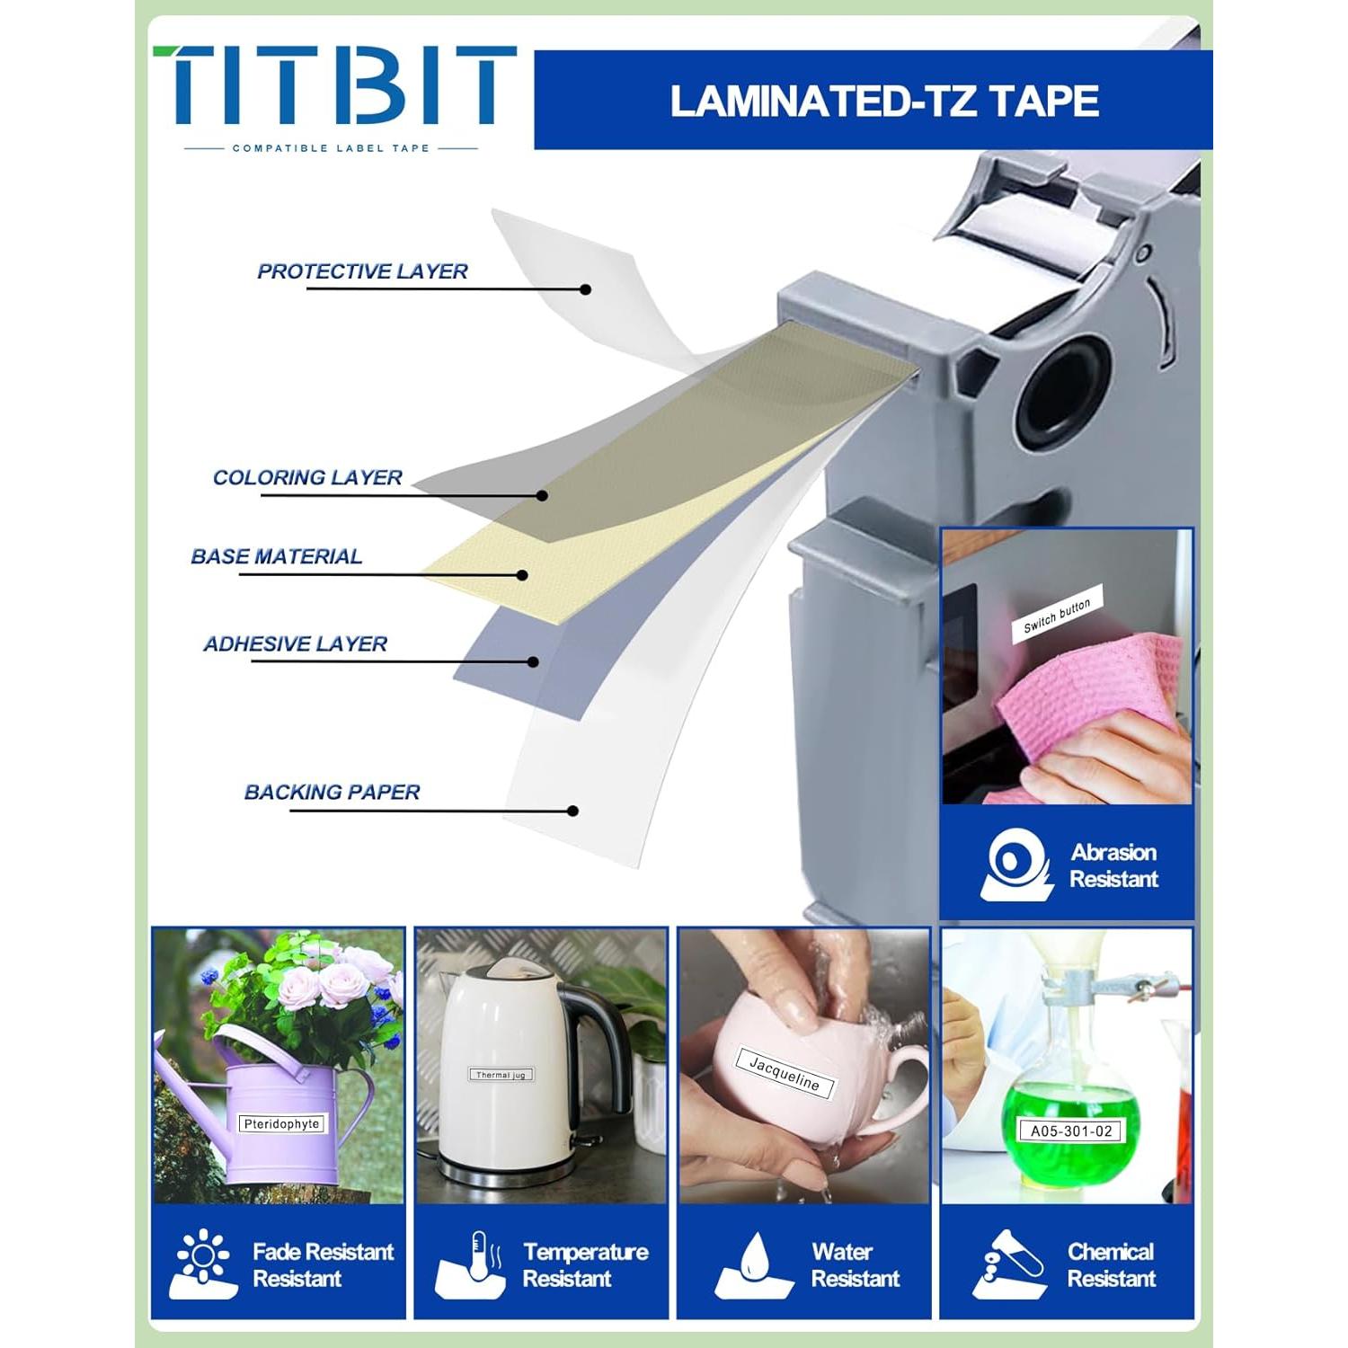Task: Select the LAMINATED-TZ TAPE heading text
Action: pyautogui.click(x=884, y=101)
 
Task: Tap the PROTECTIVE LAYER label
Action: pyautogui.click(x=362, y=271)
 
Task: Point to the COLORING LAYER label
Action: pyautogui.click(x=307, y=477)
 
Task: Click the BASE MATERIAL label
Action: pyautogui.click(x=276, y=556)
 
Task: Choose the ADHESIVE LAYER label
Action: pyautogui.click(x=295, y=643)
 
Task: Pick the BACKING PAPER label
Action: pyautogui.click(x=332, y=792)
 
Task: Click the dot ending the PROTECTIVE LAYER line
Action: pyautogui.click(x=586, y=289)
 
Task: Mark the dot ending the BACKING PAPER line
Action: pyautogui.click(x=572, y=811)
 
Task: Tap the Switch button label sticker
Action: pyautogui.click(x=1057, y=615)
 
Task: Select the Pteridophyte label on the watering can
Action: pyautogui.click(x=281, y=1123)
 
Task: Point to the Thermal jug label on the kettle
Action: pyautogui.click(x=501, y=1075)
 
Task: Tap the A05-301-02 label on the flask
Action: pyautogui.click(x=1070, y=1131)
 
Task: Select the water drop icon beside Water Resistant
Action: pyautogui.click(x=753, y=1265)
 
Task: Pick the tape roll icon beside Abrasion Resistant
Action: pyautogui.click(x=1016, y=865)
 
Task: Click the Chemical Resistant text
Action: pyautogui.click(x=1111, y=1264)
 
